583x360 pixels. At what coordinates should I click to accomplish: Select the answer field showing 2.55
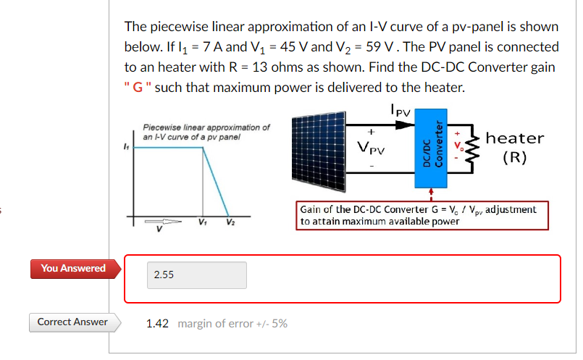pos(196,275)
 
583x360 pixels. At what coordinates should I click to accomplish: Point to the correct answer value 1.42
pos(157,324)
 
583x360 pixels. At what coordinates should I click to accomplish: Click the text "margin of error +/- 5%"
pos(232,324)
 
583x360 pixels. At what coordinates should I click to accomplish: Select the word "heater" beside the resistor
pos(515,138)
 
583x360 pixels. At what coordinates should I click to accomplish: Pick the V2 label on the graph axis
pos(230,222)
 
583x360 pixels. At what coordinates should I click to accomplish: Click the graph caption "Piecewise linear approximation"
pos(206,127)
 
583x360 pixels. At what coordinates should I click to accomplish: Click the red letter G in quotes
pos(135,88)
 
